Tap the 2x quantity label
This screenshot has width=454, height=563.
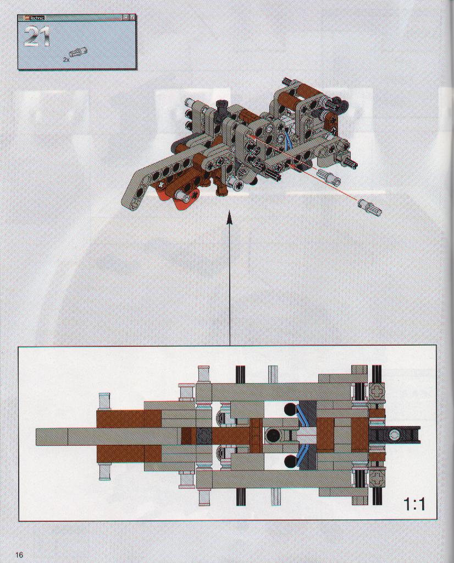pos(66,59)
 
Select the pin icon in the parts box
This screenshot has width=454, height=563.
pos(79,53)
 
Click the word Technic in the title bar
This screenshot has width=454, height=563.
pos(37,18)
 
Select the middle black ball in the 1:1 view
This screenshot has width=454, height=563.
pos(272,435)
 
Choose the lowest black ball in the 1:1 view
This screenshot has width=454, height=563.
pos(290,461)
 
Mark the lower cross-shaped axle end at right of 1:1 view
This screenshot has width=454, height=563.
pos(377,477)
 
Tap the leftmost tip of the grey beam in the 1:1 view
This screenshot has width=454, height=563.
pos(36,435)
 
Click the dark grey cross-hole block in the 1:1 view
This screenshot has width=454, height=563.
pos(205,435)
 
